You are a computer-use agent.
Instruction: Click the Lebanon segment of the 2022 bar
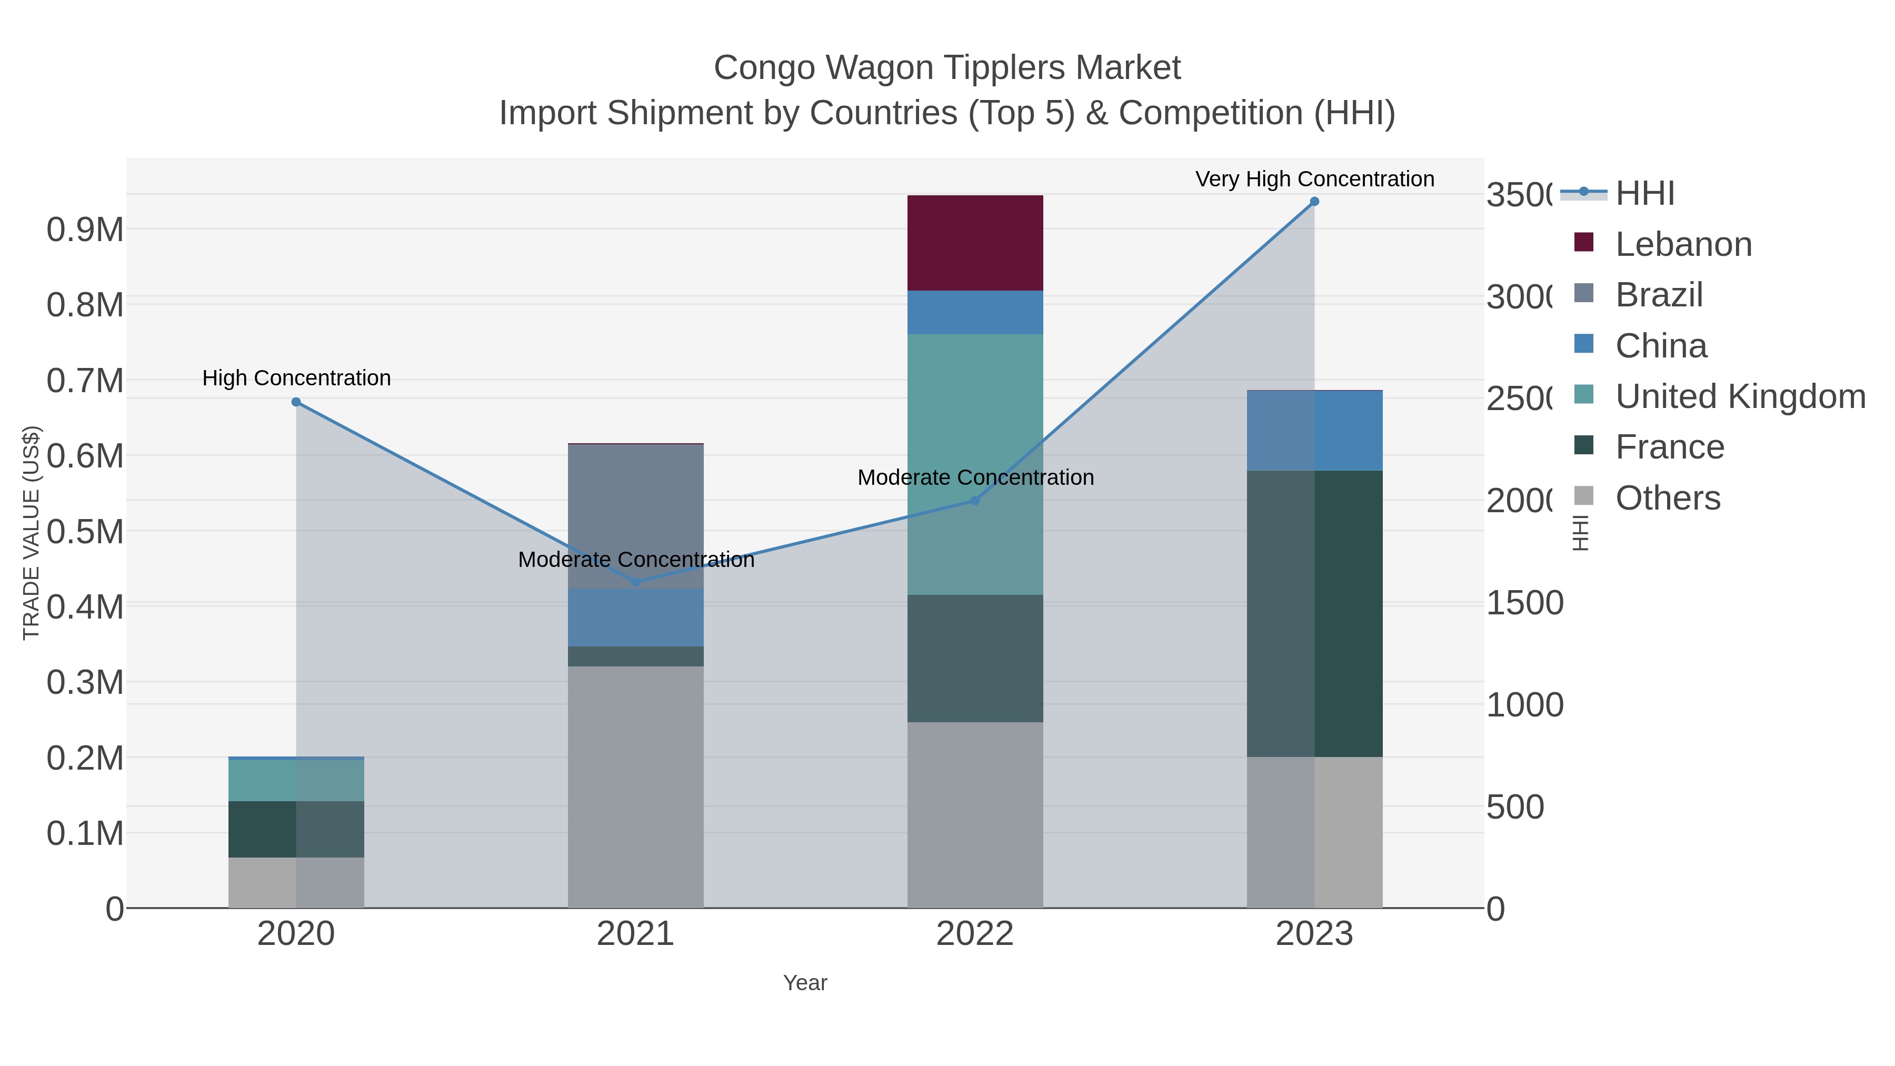point(975,243)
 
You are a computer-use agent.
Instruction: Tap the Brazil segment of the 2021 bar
point(635,515)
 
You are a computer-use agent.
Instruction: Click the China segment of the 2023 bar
point(1314,431)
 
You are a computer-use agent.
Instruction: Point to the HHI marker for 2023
point(1314,202)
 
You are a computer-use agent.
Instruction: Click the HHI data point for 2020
point(296,402)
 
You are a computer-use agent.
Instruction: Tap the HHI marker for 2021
point(635,582)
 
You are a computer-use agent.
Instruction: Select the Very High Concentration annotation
point(1314,179)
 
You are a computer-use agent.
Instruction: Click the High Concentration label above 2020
point(296,378)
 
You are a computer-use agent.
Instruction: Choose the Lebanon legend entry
point(1683,244)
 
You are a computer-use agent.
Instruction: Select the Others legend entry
point(1668,498)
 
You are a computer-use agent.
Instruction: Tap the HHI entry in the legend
point(1645,194)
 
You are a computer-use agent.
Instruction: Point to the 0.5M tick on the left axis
point(85,532)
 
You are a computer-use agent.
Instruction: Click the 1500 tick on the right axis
point(1524,603)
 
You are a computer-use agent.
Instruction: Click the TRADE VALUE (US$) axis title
point(31,533)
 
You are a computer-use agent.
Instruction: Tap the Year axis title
point(805,983)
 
